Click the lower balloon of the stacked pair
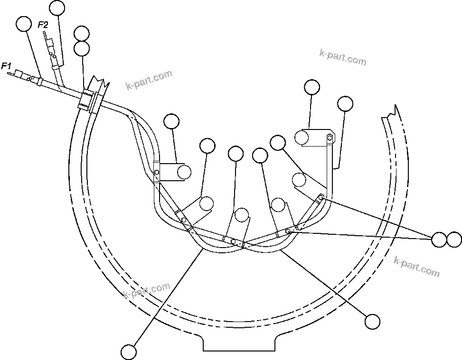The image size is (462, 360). click(82, 48)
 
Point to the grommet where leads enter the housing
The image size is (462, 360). click(88, 100)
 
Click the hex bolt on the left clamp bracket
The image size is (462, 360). click(157, 172)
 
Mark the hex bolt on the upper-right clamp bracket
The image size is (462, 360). click(329, 138)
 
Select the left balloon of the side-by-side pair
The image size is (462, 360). click(439, 240)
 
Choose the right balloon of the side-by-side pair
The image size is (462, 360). click(454, 240)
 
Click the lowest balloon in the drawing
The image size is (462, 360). click(129, 352)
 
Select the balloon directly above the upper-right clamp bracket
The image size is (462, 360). click(311, 87)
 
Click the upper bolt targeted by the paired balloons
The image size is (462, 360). click(321, 197)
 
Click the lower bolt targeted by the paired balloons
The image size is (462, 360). click(288, 231)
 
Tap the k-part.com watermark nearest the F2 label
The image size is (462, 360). click(149, 80)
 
